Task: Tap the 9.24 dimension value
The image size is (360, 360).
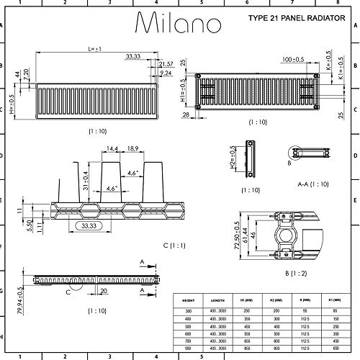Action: coord(166,73)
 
